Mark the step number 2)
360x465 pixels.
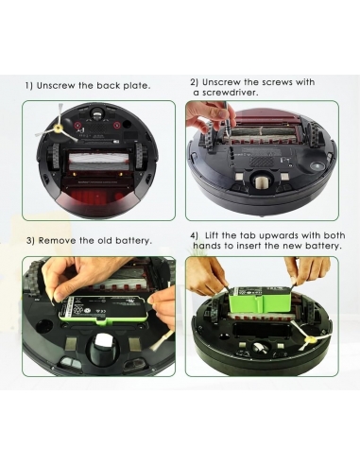click(x=195, y=82)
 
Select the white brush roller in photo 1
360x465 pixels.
click(x=98, y=160)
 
